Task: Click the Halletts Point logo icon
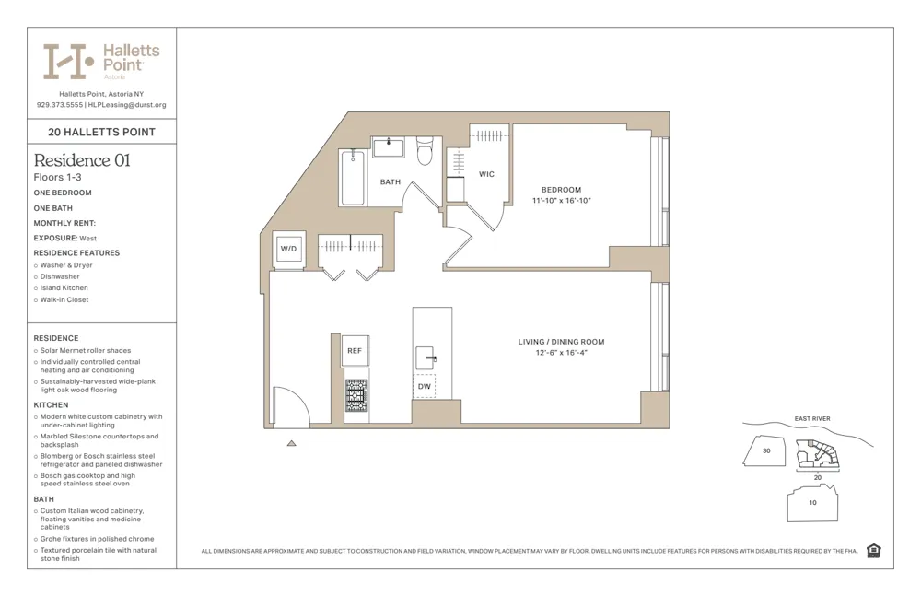point(67,62)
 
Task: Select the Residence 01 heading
point(82,160)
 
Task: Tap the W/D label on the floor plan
point(288,249)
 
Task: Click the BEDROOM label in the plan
point(561,190)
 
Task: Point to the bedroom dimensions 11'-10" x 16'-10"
point(561,200)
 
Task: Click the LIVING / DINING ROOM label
point(561,342)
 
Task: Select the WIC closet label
point(486,174)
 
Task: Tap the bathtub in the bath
point(353,178)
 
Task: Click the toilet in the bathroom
point(425,151)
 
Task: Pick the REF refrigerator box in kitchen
point(355,351)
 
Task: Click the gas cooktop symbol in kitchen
point(356,395)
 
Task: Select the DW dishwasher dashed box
point(424,387)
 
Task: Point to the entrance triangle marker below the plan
point(291,443)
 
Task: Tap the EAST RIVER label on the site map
point(811,419)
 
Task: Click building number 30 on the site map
point(765,450)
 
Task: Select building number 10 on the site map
point(812,503)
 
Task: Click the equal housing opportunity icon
point(873,551)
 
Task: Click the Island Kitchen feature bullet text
point(64,288)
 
